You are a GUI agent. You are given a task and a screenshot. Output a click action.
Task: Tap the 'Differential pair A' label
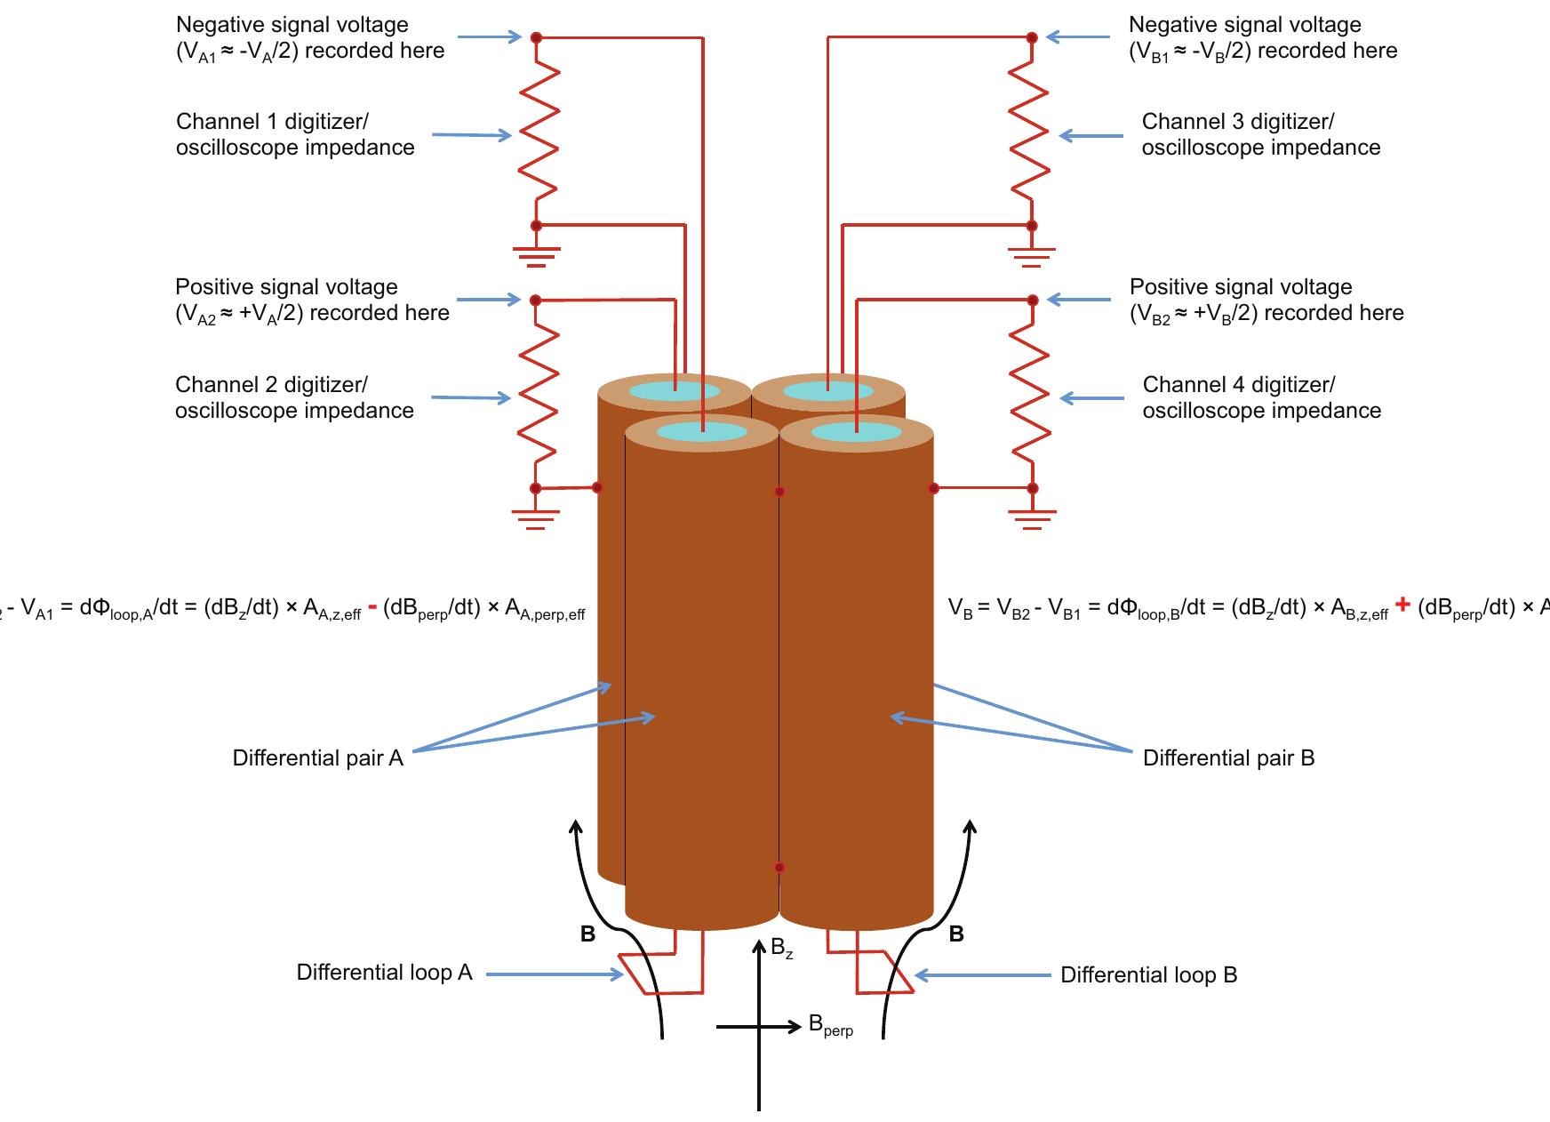(x=317, y=758)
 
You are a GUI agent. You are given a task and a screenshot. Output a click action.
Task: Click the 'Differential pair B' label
(x=1228, y=758)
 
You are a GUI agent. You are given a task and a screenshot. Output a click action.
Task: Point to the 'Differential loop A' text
(x=384, y=973)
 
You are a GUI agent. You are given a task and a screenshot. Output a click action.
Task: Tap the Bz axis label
(x=781, y=949)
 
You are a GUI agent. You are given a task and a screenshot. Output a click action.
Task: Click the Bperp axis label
(x=830, y=1026)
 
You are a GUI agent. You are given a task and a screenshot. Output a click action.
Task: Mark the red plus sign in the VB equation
(x=1402, y=605)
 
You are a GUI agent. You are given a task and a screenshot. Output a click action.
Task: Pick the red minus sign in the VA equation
(x=372, y=607)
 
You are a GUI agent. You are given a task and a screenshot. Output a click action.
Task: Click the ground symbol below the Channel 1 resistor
(x=536, y=257)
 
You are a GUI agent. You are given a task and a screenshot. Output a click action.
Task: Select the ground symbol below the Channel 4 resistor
(x=1032, y=519)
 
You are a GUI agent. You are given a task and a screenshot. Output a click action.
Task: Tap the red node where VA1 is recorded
(x=536, y=37)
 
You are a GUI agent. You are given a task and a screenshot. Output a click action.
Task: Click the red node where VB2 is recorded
(x=1032, y=301)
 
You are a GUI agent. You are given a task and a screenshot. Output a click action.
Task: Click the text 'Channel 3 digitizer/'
(x=1237, y=122)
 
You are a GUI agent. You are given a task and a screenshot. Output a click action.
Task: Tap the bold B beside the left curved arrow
(x=587, y=934)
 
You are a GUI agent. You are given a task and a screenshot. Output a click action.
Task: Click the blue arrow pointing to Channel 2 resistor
(x=471, y=397)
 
